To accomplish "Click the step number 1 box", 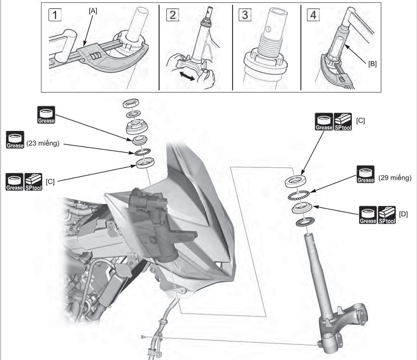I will (54, 15).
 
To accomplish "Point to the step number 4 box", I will (313, 15).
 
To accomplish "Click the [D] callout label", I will (403, 214).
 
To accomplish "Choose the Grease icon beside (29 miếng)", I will (365, 175).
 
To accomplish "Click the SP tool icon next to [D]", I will (386, 215).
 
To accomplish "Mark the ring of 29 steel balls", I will (301, 194).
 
